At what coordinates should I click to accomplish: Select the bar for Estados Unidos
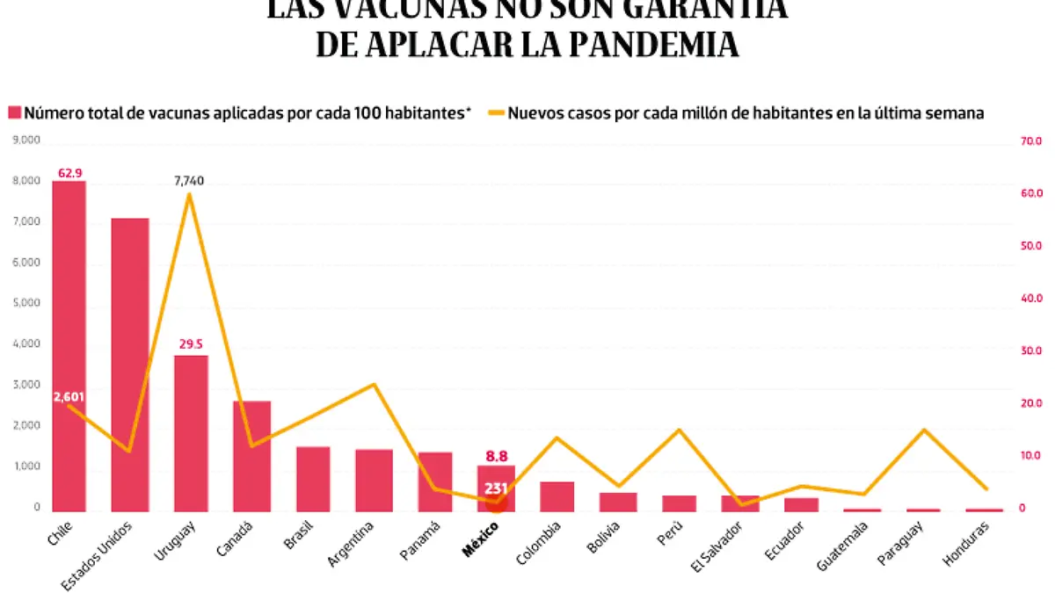[x=130, y=364]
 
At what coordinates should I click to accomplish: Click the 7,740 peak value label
[x=189, y=181]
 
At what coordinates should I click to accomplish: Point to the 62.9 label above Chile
[x=70, y=173]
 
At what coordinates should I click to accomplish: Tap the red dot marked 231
[x=496, y=501]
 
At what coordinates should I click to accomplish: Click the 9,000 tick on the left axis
[x=26, y=140]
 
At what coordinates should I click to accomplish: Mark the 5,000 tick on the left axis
[x=26, y=303]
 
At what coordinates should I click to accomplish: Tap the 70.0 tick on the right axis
[x=1030, y=141]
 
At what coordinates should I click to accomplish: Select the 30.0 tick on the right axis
[x=1030, y=351]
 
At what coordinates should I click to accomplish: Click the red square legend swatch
[x=14, y=112]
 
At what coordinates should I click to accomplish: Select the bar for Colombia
[x=557, y=495]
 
